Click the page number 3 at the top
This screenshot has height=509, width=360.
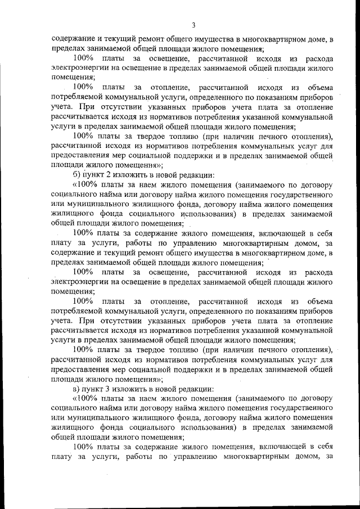tap(193, 25)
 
